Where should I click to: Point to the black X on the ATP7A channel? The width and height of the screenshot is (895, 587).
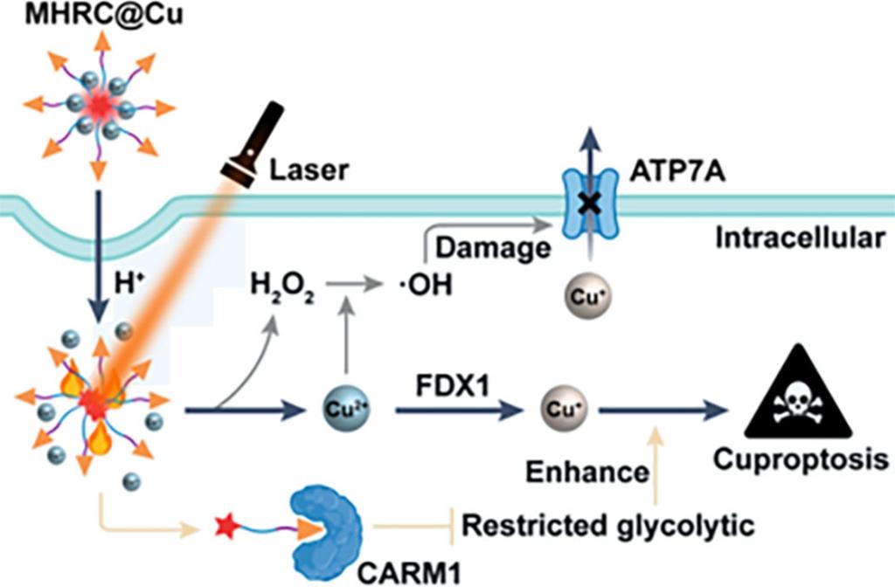tap(593, 202)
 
